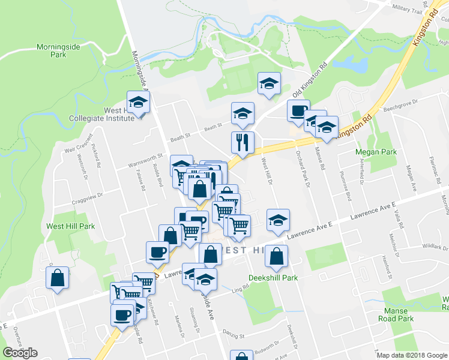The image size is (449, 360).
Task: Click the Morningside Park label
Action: (58, 50)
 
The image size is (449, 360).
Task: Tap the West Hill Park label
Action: (71, 227)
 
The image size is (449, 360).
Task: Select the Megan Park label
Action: (376, 152)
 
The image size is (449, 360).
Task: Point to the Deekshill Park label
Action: (273, 278)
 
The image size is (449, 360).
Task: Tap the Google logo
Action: (20, 353)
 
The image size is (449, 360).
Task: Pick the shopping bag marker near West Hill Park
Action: (58, 278)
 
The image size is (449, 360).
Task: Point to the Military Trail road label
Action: (408, 10)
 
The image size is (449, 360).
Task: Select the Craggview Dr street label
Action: (87, 197)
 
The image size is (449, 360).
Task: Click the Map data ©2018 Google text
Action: (412, 355)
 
